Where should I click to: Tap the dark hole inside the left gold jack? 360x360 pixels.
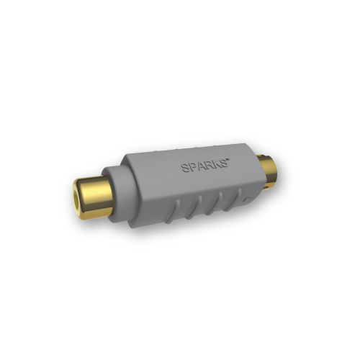pos(76,195)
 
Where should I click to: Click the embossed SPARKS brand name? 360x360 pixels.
pos(204,165)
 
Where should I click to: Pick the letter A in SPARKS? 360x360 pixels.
pos(200,166)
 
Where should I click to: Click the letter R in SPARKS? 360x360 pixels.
pos(208,165)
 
